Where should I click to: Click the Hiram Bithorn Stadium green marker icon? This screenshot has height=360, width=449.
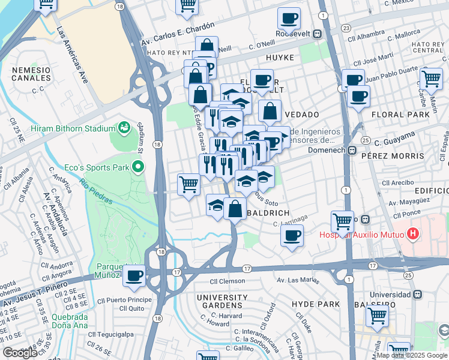(x=125, y=128)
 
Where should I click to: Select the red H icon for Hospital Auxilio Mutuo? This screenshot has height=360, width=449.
(x=412, y=233)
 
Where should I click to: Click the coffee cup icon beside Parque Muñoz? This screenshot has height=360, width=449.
(x=134, y=275)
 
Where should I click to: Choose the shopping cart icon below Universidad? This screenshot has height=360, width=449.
(x=378, y=314)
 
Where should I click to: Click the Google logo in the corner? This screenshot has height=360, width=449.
(x=20, y=353)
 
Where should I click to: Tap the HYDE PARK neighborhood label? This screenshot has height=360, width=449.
(x=315, y=304)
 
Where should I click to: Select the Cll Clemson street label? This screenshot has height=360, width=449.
(x=228, y=281)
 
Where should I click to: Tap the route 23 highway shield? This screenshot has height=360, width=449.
(x=346, y=28)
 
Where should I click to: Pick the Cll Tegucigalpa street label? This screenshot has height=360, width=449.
(x=112, y=334)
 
